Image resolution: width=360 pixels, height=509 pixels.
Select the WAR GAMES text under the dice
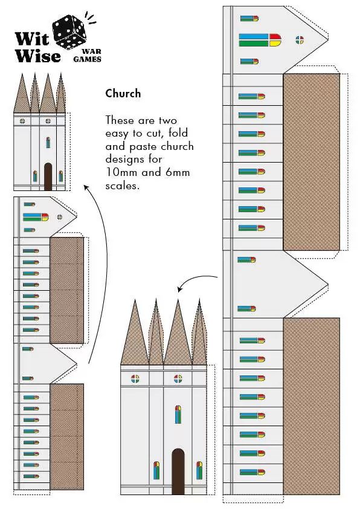pyautogui.click(x=87, y=56)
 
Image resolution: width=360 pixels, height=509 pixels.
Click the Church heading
pyautogui.click(x=123, y=93)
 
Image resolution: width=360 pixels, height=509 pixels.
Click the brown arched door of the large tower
pyautogui.click(x=178, y=472)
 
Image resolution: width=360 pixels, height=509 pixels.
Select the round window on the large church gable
pyautogui.click(x=300, y=40)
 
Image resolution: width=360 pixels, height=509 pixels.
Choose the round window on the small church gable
pyautogui.click(x=59, y=216)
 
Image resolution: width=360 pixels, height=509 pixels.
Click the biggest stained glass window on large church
pyautogui.click(x=260, y=40)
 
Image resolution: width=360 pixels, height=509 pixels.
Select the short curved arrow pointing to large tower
pyautogui.click(x=193, y=281)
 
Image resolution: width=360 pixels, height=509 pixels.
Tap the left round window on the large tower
pyautogui.click(x=135, y=379)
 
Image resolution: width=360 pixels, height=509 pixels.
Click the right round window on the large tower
pyautogui.click(x=178, y=379)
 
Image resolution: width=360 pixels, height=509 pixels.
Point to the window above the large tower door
pyautogui.click(x=178, y=415)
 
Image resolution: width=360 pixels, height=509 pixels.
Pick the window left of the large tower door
pyautogui.click(x=156, y=470)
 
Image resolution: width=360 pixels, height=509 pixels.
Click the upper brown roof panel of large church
pyautogui.click(x=311, y=161)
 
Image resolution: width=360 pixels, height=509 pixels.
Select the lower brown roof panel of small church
pyautogui.click(x=66, y=436)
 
